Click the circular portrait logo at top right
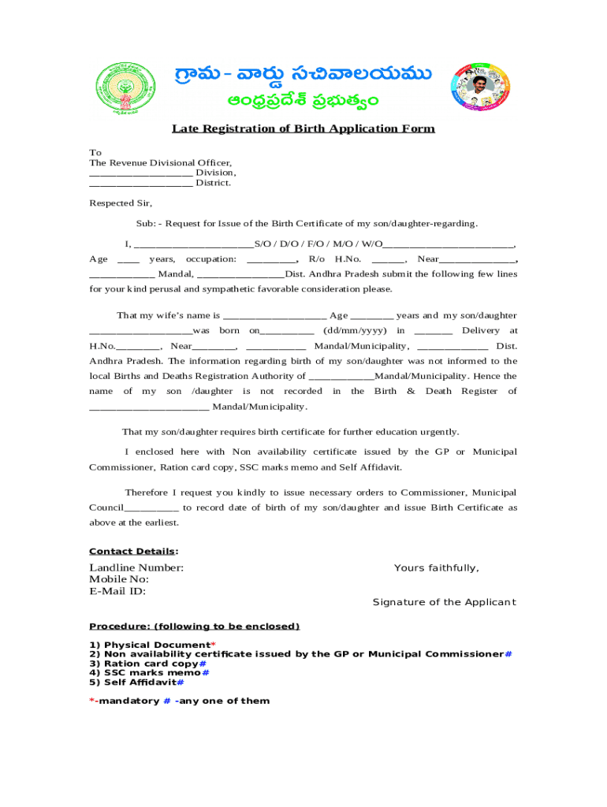tap(481, 87)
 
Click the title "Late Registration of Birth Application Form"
tap(303, 128)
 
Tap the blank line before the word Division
tap(140, 173)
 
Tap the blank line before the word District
tap(140, 183)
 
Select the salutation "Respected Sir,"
tap(121, 203)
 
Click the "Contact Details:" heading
tap(133, 552)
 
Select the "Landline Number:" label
tap(136, 568)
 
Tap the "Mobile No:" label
tap(119, 580)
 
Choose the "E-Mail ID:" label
tap(117, 591)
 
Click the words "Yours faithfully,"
tap(436, 568)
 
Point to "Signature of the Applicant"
tap(444, 602)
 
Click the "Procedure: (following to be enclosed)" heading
tap(194, 627)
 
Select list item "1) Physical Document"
tap(149, 645)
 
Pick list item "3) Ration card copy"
tap(145, 664)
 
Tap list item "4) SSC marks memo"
tap(145, 673)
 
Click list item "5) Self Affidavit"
tap(133, 682)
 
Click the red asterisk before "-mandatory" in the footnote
tap(91, 701)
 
